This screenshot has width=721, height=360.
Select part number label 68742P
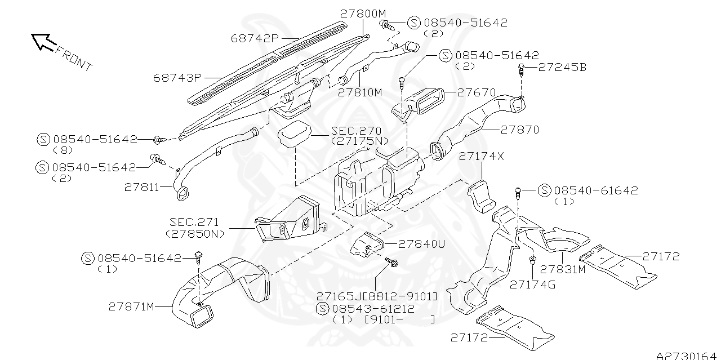[255, 38]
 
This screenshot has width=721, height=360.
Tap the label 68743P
[177, 77]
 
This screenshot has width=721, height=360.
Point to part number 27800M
[363, 13]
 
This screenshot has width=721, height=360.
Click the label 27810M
[360, 92]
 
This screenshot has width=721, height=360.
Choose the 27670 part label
[476, 92]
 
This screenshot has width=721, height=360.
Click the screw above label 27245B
[522, 70]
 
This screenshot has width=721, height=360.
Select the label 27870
[520, 130]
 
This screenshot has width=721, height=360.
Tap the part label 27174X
[482, 157]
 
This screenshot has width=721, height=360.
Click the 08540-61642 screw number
[596, 190]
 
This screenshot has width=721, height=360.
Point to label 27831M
[563, 269]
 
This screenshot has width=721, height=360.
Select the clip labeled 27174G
[532, 261]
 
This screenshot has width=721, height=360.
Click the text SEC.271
[194, 222]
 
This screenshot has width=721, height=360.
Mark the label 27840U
[421, 244]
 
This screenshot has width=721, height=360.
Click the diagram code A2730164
[688, 355]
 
